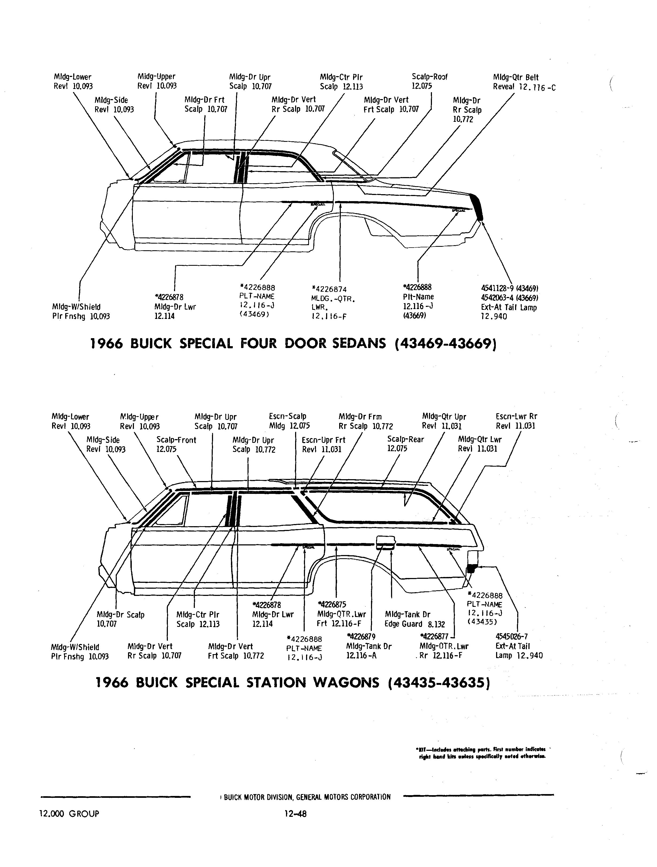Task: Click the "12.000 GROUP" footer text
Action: pos(69,814)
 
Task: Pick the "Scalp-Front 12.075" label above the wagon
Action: pos(176,444)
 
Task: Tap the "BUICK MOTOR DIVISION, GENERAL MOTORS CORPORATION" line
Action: pos(307,797)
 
